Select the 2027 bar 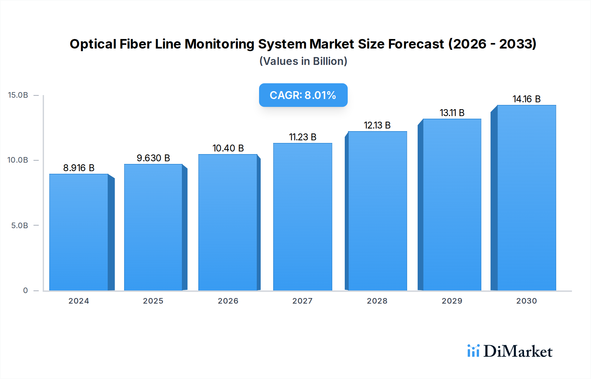(302, 217)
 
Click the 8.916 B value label (79, 168)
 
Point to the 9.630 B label (153, 158)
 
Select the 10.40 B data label (228, 148)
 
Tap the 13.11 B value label (452, 113)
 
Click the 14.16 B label (527, 99)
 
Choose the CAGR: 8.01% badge (303, 95)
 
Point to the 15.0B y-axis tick (18, 95)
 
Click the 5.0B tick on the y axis (20, 226)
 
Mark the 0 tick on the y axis (26, 290)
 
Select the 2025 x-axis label (153, 301)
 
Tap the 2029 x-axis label (452, 301)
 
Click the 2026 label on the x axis (228, 301)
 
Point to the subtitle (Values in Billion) (303, 61)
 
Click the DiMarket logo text (518, 351)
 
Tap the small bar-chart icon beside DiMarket (473, 351)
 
